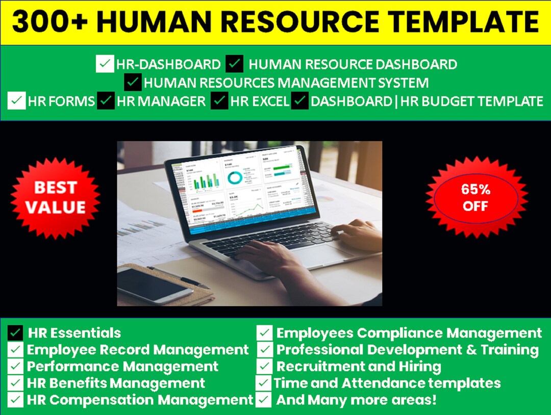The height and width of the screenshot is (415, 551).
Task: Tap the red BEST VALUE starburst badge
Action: pos(55,197)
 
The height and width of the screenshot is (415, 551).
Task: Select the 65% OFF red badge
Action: pos(475,197)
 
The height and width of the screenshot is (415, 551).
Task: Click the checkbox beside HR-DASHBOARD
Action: pos(105,65)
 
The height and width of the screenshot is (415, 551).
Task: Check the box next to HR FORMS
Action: pos(16,101)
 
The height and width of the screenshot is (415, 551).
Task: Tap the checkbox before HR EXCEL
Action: pos(219,101)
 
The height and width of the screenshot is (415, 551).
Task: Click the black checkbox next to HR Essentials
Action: pos(15,333)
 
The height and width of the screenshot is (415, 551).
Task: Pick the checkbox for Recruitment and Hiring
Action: pos(264,366)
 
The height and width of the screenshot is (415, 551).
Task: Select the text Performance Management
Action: pos(122,366)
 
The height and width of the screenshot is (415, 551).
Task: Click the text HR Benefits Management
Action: pos(116,383)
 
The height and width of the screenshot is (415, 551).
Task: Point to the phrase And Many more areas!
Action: pos(356,400)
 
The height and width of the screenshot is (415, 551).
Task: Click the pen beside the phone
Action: pos(179,277)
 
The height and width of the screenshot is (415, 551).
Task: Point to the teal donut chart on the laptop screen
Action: pos(235,177)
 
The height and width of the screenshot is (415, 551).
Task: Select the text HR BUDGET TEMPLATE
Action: pos(471,101)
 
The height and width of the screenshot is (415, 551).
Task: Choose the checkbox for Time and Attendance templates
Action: pos(263,383)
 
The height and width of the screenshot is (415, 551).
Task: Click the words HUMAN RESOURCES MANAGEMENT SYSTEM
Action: pos(286,83)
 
